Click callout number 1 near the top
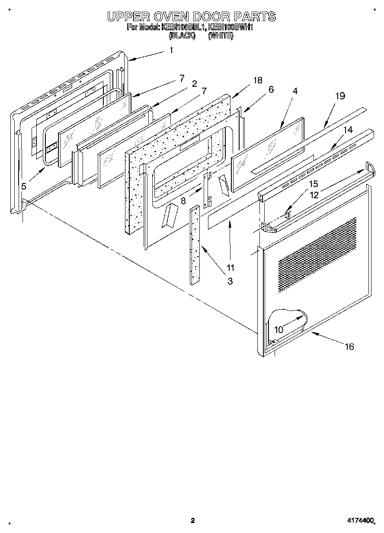click(171, 51)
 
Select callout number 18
click(258, 80)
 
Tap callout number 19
click(340, 96)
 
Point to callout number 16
click(349, 346)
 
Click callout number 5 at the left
click(23, 187)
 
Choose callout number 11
click(230, 267)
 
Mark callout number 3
click(230, 281)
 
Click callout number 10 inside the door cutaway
click(279, 329)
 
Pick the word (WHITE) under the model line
click(221, 36)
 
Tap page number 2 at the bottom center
click(192, 521)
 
